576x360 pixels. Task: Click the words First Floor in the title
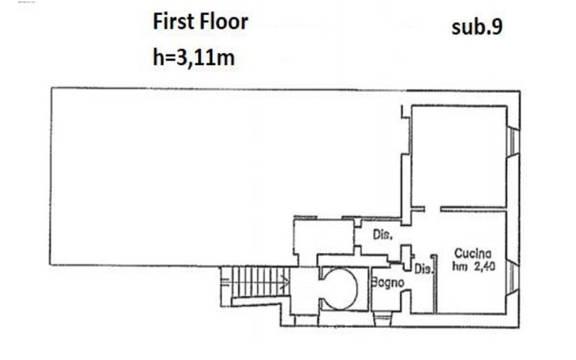point(200,21)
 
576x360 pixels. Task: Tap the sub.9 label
point(477,26)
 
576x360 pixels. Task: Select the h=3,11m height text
point(194,57)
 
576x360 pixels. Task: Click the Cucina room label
point(473,253)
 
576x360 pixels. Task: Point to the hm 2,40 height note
point(474,266)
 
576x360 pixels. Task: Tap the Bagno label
point(387,282)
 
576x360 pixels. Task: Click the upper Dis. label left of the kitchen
point(382,235)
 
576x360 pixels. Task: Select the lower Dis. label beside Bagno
point(423,269)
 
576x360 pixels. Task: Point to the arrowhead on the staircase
point(285,282)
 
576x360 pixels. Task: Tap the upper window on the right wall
point(513,142)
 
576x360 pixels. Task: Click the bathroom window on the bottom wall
point(383,319)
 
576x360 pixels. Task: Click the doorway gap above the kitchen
point(433,209)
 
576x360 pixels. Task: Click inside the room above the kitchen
point(459,156)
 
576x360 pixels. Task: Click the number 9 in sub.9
point(497,26)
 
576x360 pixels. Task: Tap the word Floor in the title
point(225,21)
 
